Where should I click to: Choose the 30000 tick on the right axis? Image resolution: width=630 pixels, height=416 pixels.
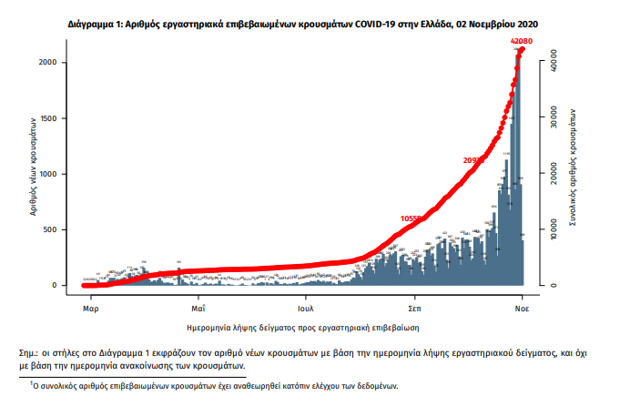(x=552, y=117)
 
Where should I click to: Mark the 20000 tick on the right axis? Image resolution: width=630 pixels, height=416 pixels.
(x=552, y=174)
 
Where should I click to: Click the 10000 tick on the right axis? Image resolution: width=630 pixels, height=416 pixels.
(x=552, y=229)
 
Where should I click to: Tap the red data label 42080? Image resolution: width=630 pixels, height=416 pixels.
(x=522, y=42)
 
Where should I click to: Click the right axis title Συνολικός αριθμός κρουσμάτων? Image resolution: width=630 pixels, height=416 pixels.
(x=577, y=169)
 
